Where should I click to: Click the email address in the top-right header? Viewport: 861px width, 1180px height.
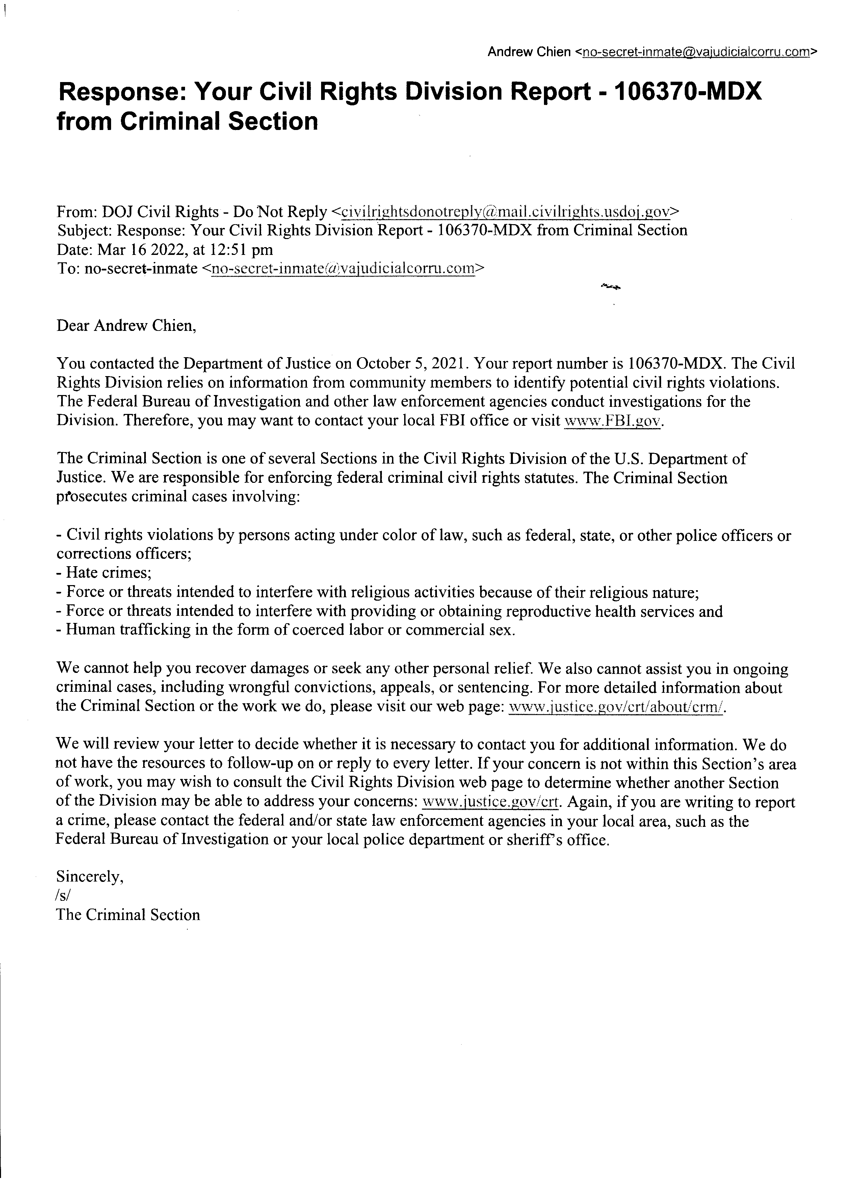(696, 52)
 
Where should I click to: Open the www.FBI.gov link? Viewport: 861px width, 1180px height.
(614, 421)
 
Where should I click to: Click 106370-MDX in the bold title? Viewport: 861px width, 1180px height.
(688, 92)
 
